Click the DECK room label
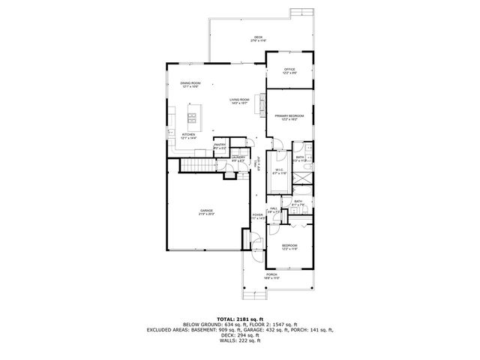click(x=258, y=38)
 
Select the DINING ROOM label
click(x=190, y=84)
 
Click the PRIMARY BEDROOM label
click(x=289, y=117)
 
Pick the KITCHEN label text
click(x=188, y=136)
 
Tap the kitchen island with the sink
click(x=193, y=118)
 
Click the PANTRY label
click(x=220, y=147)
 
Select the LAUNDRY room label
click(x=238, y=158)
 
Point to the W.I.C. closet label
click(x=278, y=171)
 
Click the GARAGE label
click(x=206, y=211)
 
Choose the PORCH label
click(x=271, y=275)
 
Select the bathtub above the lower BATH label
click(x=298, y=193)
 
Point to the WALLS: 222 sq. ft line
click(x=240, y=341)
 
